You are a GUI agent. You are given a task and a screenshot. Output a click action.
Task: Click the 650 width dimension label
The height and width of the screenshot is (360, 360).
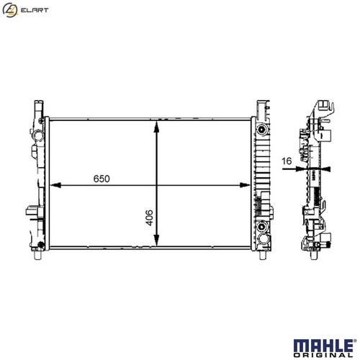[x=102, y=179]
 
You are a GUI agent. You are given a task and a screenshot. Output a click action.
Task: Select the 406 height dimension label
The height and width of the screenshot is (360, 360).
[x=149, y=217]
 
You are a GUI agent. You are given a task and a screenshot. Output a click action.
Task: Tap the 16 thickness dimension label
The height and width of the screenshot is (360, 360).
[x=287, y=161]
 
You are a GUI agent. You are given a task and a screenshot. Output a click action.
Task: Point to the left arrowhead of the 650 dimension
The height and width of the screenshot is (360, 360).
[x=55, y=185]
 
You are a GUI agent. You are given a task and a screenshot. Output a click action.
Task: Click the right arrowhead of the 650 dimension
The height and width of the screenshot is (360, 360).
[x=245, y=185]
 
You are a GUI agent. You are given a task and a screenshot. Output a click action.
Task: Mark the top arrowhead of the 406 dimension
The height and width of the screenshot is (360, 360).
[x=156, y=127]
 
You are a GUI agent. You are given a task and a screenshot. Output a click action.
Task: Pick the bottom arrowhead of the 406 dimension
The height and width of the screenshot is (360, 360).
[x=156, y=240]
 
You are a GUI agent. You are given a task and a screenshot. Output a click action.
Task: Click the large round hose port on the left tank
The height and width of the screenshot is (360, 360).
[x=38, y=135]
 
